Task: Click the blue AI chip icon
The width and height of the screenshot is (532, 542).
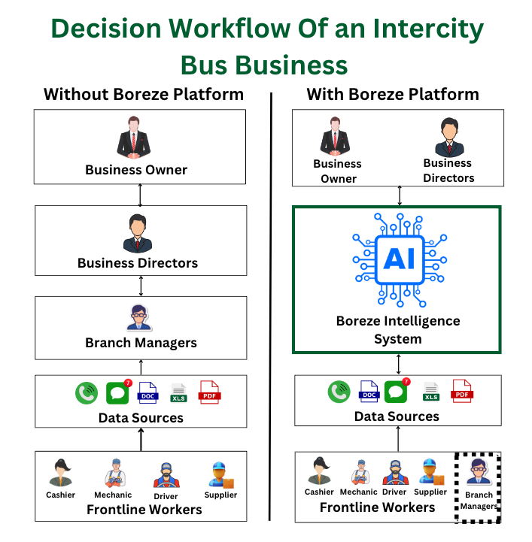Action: pos(400,260)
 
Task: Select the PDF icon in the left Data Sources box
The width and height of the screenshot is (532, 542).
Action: pos(209,392)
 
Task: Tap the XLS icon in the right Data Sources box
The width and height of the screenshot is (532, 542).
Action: pos(431,392)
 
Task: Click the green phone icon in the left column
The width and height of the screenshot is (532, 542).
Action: pos(87,393)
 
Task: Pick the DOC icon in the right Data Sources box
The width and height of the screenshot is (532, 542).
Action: pos(369,392)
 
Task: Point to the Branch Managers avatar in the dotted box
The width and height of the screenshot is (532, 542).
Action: pos(478,471)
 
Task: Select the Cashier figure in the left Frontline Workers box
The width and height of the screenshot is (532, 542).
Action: pos(60,473)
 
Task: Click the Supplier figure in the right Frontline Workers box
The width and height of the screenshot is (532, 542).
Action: pos(431,472)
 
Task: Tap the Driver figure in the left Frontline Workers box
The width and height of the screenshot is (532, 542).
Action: pos(166,475)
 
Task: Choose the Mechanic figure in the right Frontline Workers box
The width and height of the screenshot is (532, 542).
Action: pos(360,472)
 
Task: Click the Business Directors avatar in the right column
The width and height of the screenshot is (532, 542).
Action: pos(449,138)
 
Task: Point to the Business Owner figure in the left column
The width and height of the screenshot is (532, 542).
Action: pos(133,138)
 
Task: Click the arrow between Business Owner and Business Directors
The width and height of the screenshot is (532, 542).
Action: pos(140,195)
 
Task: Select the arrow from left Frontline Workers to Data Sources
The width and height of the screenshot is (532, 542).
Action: pos(141,439)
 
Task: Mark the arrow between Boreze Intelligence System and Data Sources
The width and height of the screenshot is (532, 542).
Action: pos(399,365)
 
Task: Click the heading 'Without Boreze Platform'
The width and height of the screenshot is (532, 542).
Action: pos(144,95)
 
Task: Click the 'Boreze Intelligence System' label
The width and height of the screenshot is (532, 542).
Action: pos(398,330)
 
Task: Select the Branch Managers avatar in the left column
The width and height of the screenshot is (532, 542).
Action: pos(138,317)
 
